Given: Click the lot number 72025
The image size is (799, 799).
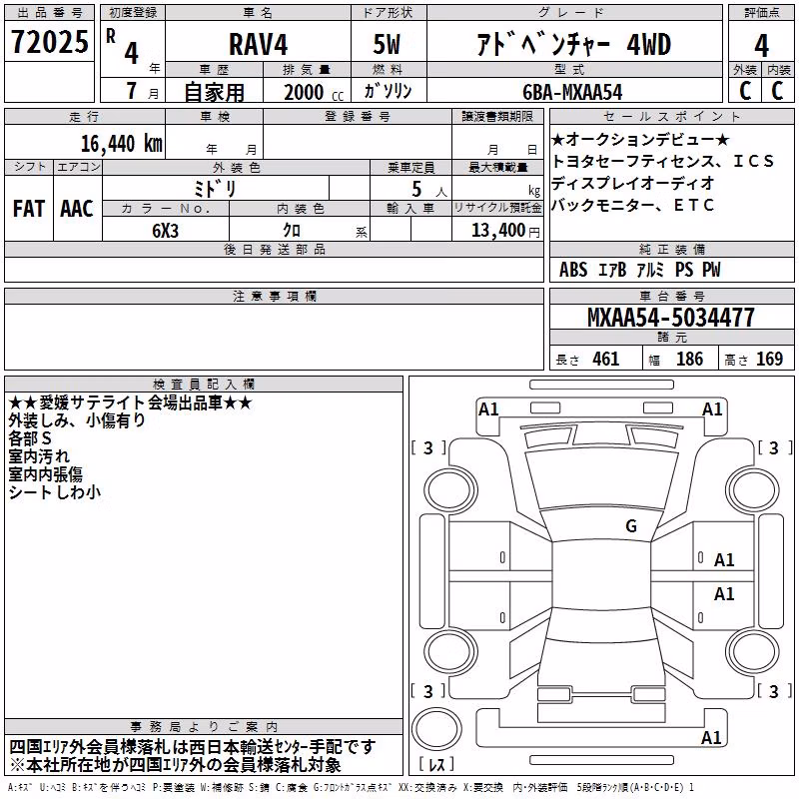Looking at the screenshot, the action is point(49,42).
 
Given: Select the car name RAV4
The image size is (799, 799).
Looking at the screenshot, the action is point(259,44).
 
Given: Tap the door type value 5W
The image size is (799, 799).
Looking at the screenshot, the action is point(387,44).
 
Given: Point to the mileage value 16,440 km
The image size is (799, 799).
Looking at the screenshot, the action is point(121,144).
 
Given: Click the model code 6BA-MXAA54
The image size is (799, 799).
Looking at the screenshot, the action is point(572,92).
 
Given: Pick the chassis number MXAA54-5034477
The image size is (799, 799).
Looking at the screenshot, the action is point(671,318).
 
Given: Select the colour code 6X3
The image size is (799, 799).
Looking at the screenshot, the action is point(165,231).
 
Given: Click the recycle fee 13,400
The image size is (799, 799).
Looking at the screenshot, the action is point(498,231).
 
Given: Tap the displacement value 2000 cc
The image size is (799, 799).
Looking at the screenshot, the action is point(314,92).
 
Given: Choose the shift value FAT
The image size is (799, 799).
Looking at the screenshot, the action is point(29,209).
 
